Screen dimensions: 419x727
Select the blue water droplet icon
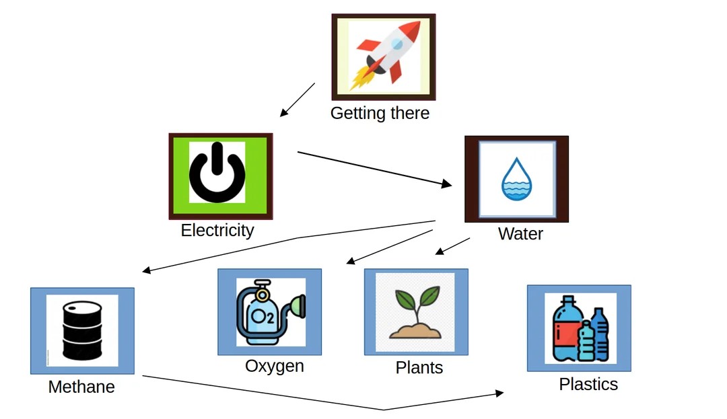coord(516,179)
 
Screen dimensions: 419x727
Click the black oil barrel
coord(82,330)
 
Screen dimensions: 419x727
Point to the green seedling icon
coord(415,313)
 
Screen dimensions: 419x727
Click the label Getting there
coord(380,113)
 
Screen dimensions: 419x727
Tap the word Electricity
coord(217,231)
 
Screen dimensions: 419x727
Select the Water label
coord(520,234)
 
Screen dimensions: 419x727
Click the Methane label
coord(81,387)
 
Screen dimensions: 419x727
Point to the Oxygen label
coord(274,367)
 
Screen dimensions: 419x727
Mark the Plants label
coord(419,368)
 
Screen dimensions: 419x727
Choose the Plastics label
coord(588,384)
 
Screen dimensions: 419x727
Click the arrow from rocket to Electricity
coord(298,100)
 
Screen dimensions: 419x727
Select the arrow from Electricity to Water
coord(375,168)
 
